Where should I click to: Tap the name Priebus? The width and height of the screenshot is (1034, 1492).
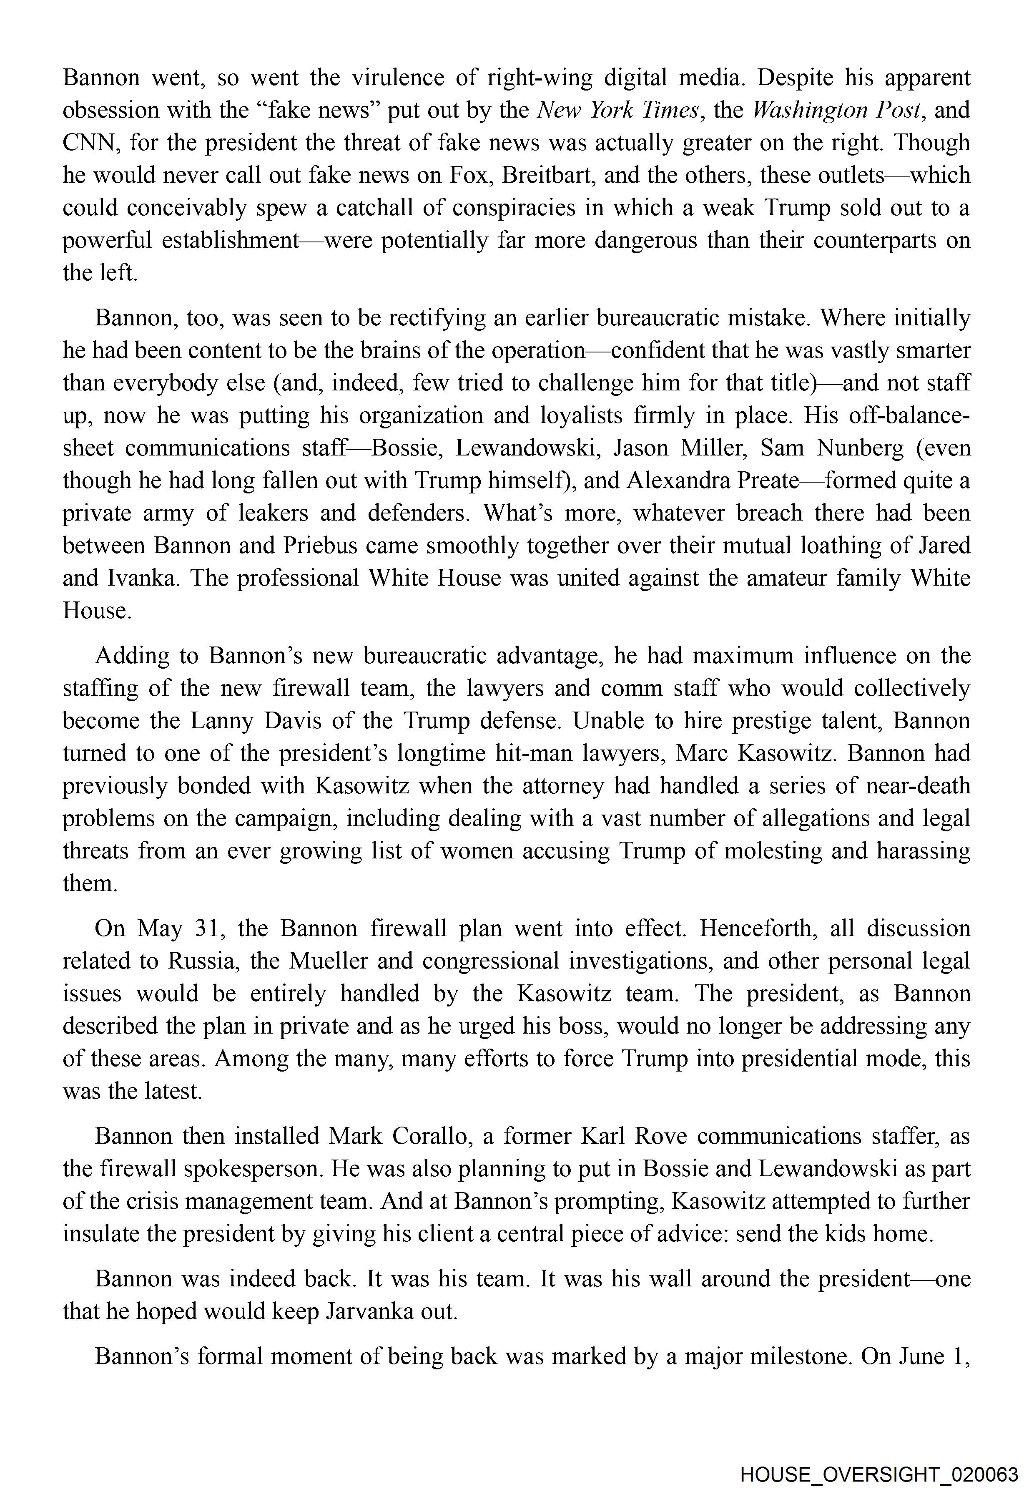319,545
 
